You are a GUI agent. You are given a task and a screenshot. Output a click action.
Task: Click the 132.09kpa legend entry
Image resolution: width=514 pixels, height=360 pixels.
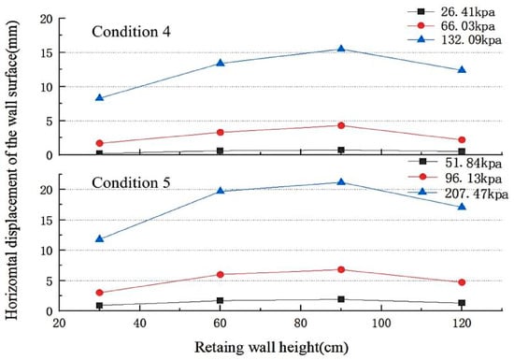tap(454, 39)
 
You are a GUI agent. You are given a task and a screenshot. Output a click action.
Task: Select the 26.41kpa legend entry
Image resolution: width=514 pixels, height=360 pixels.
tap(451, 11)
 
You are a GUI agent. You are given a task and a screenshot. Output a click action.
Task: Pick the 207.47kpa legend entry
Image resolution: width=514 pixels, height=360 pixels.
tap(458, 194)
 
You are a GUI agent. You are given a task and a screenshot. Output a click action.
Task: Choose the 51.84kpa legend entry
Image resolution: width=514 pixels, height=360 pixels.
tap(455, 163)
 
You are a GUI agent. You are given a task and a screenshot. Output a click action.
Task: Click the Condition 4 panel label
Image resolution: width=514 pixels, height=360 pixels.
tap(131, 32)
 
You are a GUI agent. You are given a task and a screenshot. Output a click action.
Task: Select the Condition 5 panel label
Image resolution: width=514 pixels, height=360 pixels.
tap(131, 182)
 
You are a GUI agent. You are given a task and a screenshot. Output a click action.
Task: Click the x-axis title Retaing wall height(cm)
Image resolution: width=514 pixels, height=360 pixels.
tap(271, 348)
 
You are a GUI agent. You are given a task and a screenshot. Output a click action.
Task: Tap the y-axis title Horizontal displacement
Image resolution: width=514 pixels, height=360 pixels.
tap(12, 170)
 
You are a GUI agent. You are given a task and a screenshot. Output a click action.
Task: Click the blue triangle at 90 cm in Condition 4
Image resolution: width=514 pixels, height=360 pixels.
tap(341, 49)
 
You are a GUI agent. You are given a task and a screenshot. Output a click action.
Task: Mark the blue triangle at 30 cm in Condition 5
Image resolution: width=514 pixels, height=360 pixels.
tap(100, 238)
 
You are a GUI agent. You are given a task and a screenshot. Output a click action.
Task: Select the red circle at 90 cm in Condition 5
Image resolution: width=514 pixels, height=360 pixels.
tap(341, 269)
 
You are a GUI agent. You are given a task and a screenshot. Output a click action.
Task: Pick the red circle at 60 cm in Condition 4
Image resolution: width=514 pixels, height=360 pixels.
tap(221, 132)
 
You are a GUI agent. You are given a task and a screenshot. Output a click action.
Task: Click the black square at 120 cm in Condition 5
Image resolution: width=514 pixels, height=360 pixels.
tap(462, 303)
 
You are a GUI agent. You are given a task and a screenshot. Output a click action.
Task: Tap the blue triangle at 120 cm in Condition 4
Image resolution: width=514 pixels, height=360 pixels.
tap(462, 70)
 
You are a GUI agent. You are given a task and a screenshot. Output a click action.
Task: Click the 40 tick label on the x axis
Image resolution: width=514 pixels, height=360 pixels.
tap(139, 324)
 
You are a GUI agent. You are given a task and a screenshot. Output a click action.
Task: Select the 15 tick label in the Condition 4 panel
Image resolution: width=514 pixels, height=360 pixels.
tap(47, 52)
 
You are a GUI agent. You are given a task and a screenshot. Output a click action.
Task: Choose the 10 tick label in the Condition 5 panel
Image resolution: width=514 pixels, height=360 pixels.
tap(47, 251)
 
